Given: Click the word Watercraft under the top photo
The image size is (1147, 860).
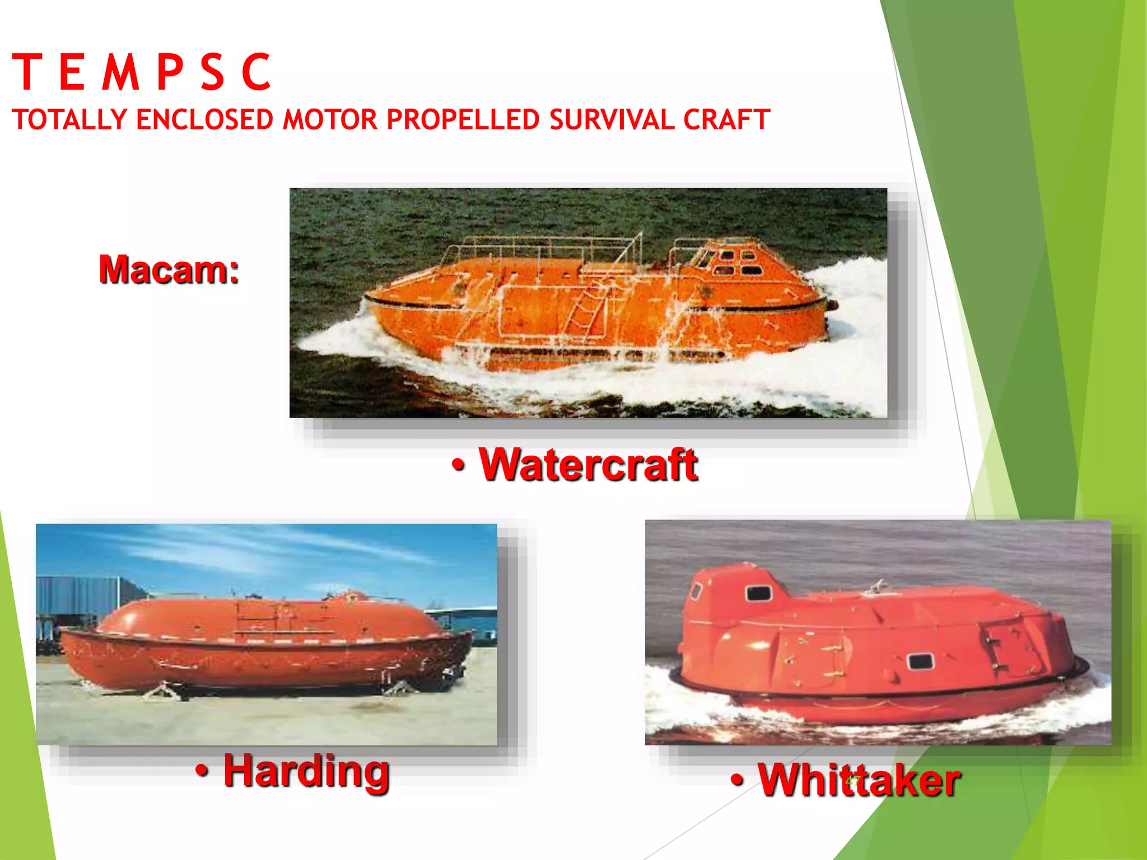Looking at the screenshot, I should coord(588,465).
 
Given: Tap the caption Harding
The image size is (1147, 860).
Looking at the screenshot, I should coord(306,772).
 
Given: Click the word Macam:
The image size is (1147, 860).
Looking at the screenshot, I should coord(169,269).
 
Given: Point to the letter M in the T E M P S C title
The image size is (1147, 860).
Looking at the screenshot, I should coord(120,72).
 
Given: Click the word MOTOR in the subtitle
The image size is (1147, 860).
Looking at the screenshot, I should coord(330,120).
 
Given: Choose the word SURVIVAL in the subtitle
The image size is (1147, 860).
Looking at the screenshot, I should coord(612,120).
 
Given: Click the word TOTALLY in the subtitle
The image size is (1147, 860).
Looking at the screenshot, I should coord(69,120).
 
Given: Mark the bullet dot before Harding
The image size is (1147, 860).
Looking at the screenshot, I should coord(202,772).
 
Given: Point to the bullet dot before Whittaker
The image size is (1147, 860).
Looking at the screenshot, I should coord(738,780).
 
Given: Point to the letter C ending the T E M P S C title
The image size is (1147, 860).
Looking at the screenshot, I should coord(257,72).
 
